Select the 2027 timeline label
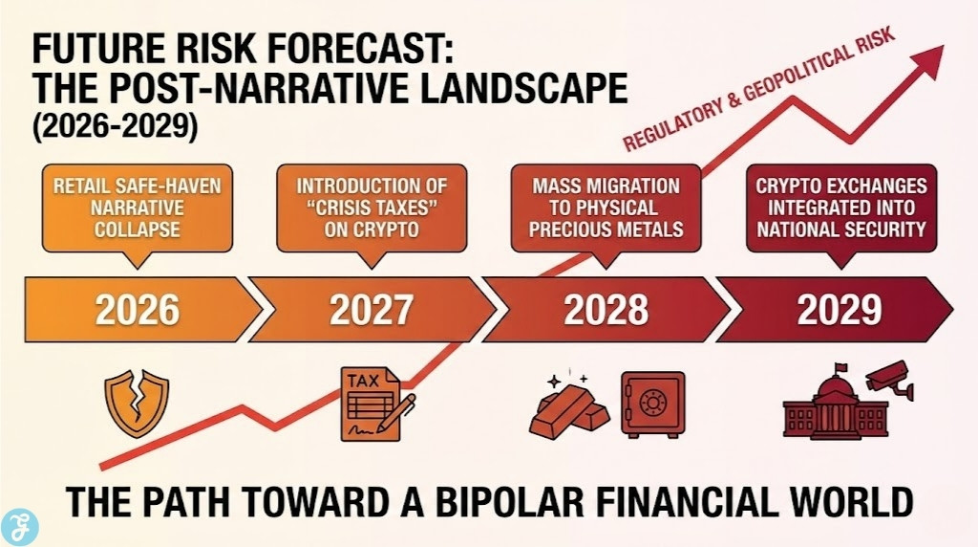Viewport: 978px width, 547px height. [x=372, y=310]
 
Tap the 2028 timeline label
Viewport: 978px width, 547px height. [x=606, y=310]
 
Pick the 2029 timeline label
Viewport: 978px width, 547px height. [x=839, y=310]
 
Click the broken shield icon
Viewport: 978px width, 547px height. [x=136, y=403]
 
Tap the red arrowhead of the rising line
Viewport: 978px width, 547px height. [x=925, y=62]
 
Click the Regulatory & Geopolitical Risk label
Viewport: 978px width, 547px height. [x=758, y=90]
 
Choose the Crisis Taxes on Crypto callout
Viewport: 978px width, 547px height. [x=372, y=207]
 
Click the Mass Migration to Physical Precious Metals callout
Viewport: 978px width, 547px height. [x=606, y=207]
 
